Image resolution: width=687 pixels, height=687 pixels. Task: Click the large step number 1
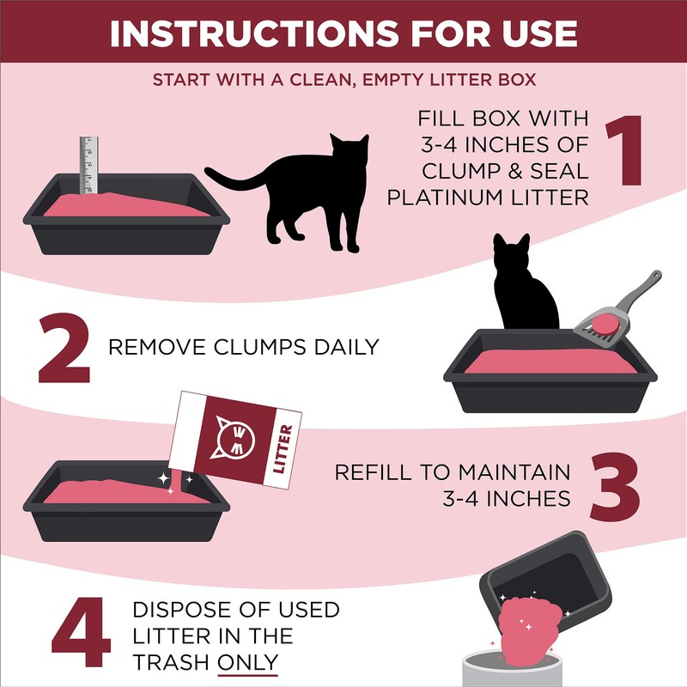pyautogui.click(x=632, y=153)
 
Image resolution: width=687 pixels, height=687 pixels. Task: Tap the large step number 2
pyautogui.click(x=64, y=348)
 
